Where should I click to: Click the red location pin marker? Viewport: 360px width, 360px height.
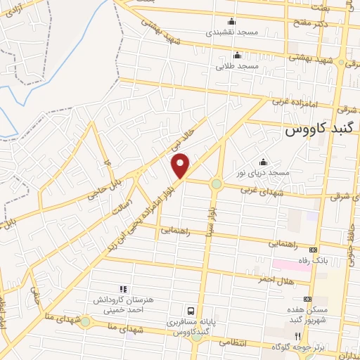[181, 165]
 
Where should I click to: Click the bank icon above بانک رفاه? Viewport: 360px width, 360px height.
[313, 250]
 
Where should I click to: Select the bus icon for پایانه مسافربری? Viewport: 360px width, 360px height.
[190, 311]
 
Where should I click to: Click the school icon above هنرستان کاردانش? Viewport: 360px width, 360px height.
[123, 288]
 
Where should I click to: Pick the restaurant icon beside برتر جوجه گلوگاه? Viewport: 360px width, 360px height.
[298, 337]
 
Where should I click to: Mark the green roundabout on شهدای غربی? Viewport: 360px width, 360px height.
[215, 185]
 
